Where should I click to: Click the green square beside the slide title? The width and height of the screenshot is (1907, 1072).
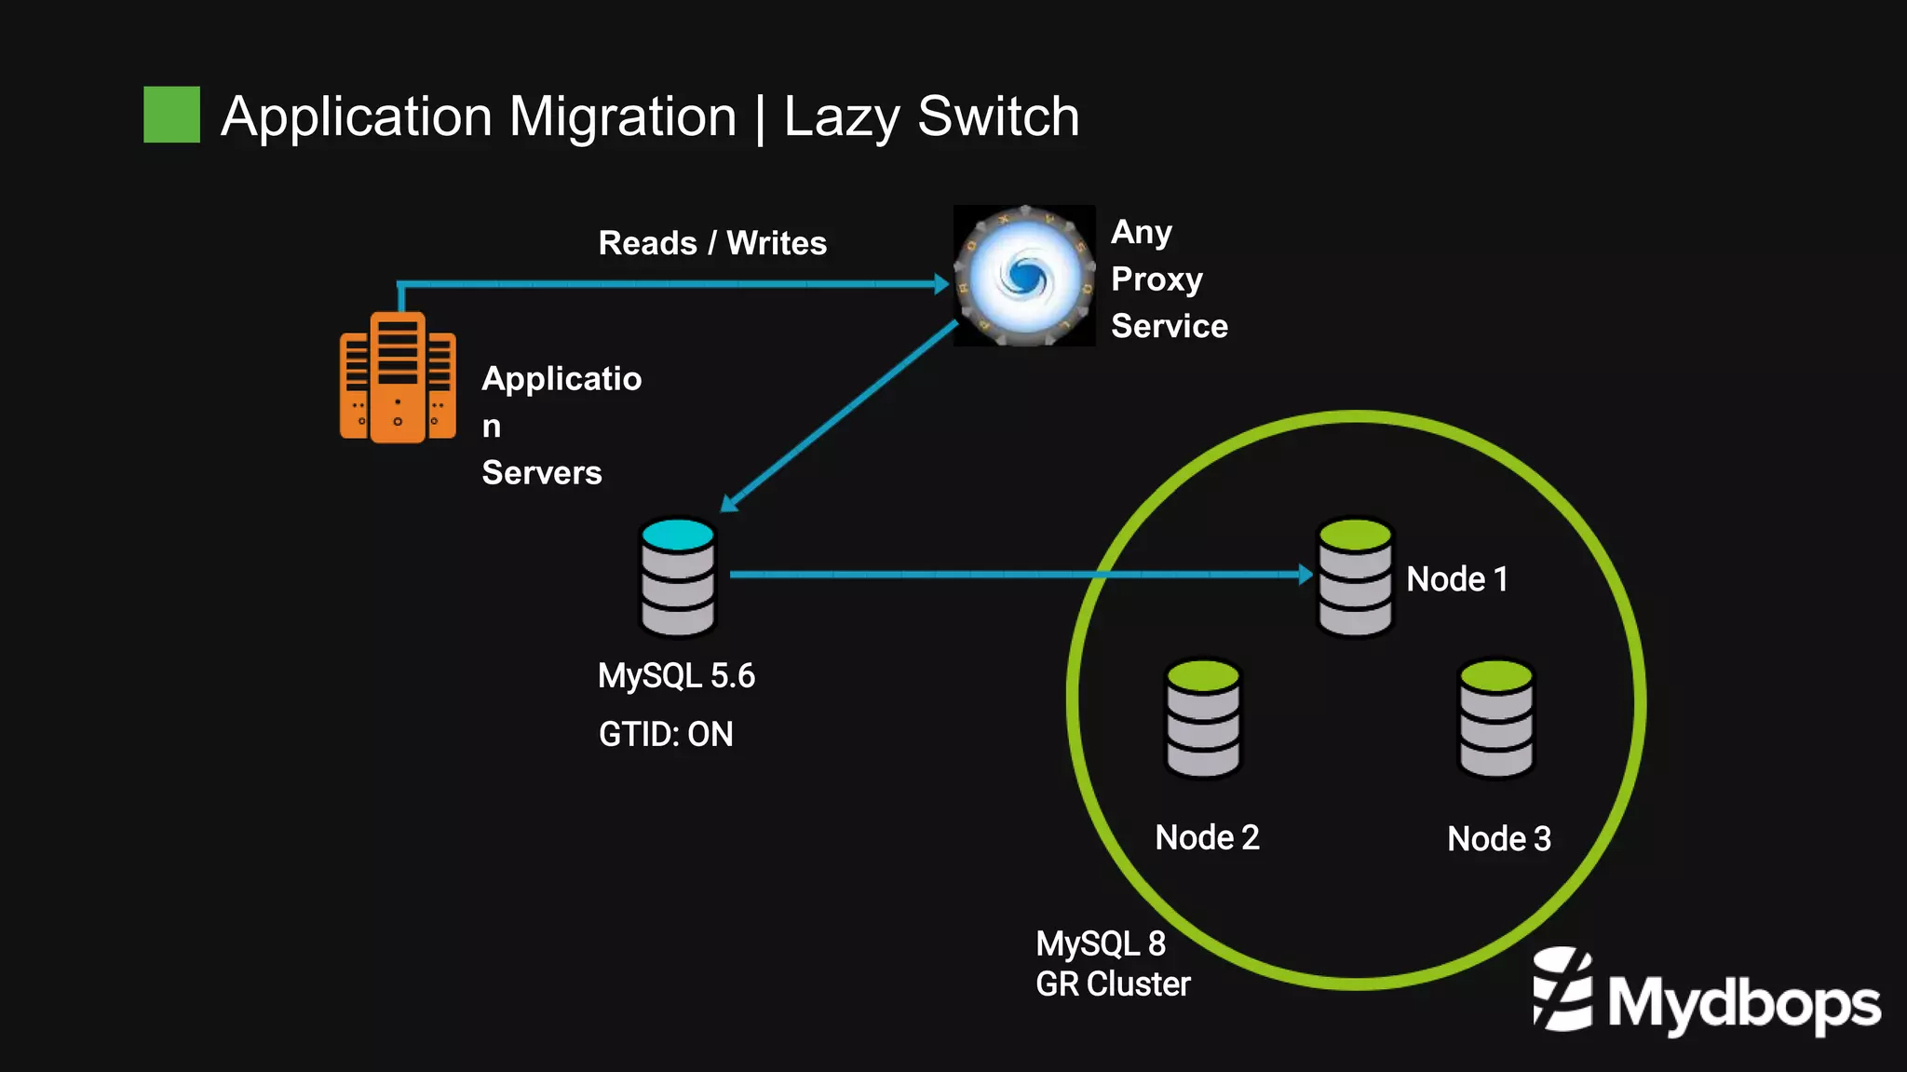point(171,115)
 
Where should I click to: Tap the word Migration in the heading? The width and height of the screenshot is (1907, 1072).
point(622,117)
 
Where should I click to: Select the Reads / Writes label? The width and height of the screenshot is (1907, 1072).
point(711,243)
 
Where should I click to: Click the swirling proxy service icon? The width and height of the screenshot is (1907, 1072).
point(1024,276)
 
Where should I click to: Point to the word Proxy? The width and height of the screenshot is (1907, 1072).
point(1156,279)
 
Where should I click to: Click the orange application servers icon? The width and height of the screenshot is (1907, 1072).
point(398,377)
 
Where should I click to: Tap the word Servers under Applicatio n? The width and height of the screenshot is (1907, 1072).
point(541,473)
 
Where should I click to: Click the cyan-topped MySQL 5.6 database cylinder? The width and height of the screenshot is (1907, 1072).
point(678,577)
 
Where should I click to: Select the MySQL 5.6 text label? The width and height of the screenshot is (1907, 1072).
point(676,676)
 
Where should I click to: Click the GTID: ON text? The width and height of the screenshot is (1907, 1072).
point(666,735)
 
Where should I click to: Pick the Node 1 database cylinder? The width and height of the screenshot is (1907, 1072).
point(1355,577)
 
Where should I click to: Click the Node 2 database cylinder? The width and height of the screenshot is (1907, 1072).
point(1203,718)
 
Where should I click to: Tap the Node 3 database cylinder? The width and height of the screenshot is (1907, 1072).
point(1495,718)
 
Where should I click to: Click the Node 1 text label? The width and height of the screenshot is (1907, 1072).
point(1456,579)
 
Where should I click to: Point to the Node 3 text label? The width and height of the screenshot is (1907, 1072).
point(1498,839)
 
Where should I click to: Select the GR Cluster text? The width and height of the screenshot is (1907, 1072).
point(1113,984)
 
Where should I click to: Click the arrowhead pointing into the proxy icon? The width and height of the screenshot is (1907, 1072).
point(941,284)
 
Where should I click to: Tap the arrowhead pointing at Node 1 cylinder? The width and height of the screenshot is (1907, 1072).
point(1305,575)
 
